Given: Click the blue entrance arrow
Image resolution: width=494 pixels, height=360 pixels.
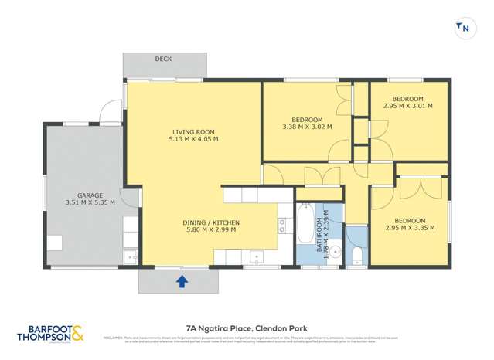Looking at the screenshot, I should [x=182, y=281].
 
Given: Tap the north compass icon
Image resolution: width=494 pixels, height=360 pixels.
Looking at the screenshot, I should [x=464, y=29].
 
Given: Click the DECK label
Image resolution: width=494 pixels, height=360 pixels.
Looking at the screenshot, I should [x=163, y=59].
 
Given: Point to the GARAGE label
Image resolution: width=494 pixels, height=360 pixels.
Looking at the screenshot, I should [x=90, y=195].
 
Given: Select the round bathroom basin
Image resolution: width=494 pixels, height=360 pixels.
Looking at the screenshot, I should [x=335, y=250].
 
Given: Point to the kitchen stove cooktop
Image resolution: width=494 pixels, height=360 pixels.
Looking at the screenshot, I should [x=282, y=226].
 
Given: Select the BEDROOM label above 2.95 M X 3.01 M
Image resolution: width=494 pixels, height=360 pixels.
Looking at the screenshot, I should [x=407, y=98].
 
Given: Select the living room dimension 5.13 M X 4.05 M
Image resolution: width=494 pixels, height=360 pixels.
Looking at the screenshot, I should [x=193, y=139].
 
